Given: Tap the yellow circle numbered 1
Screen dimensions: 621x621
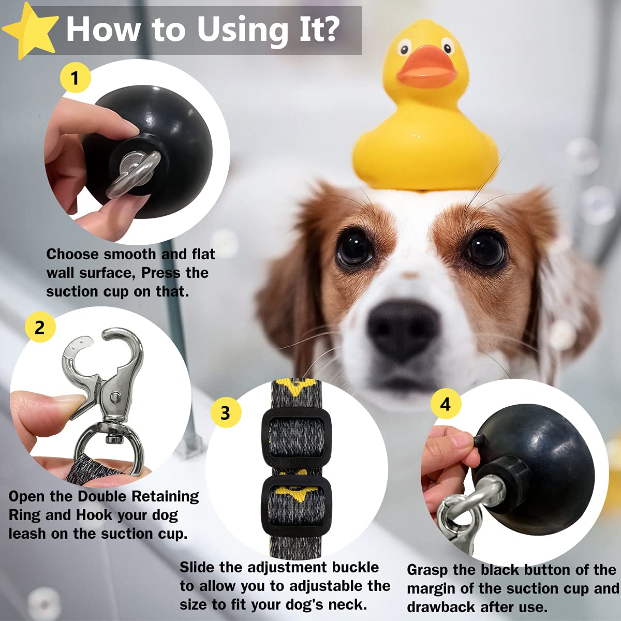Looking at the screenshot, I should point(75,78).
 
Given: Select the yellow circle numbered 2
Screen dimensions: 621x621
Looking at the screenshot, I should point(40,328).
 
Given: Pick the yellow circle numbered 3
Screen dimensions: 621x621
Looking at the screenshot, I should point(226,413).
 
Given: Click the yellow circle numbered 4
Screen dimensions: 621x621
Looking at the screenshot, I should point(446,404).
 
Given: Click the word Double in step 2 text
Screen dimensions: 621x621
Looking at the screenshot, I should point(102,496).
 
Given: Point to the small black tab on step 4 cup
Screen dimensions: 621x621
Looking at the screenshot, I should point(478,440).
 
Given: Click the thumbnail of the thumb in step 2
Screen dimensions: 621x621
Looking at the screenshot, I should point(67,402).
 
